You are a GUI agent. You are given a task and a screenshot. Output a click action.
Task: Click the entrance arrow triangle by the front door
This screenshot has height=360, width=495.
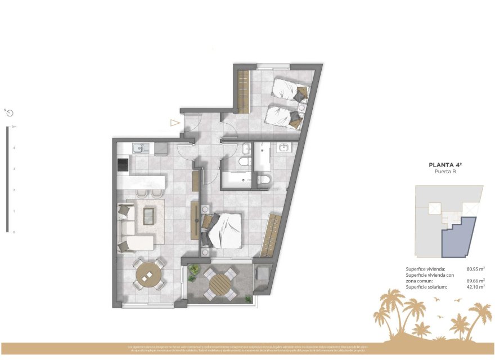click(175, 123)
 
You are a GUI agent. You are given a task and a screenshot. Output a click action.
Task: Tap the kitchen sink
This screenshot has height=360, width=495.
click(138, 148)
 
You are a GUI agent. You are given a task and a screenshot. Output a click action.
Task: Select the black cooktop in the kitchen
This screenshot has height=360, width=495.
click(122, 164)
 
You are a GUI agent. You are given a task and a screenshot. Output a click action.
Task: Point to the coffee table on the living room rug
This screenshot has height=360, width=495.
click(149, 215)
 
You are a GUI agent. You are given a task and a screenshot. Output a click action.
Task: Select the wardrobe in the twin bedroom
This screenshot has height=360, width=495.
click(243, 92)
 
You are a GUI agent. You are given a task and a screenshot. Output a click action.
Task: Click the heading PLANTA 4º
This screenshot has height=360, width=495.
click(445, 165)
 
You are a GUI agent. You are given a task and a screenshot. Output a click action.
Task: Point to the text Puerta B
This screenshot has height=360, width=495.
click(445, 172)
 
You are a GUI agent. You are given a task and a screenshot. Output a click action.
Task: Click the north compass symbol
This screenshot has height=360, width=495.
click(9, 112)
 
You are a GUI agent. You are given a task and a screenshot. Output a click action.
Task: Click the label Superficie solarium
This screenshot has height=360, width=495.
click(426, 287)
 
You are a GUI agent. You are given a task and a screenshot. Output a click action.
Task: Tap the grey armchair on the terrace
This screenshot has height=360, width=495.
click(262, 277)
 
